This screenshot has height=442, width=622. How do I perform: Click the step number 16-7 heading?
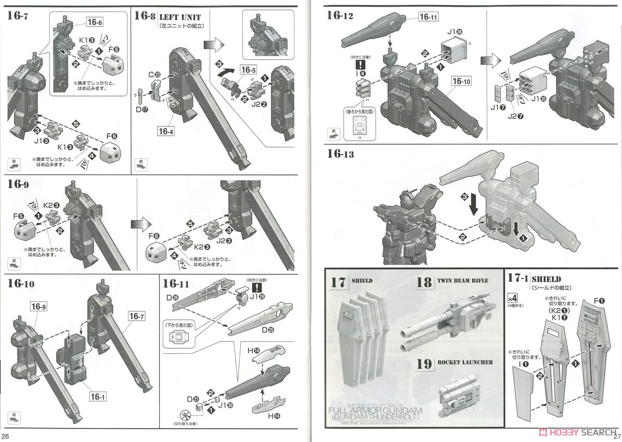18,15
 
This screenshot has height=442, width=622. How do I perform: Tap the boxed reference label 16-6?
95,22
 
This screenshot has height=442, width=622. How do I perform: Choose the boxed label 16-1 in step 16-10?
97,397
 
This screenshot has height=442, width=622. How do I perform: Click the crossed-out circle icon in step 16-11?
185,415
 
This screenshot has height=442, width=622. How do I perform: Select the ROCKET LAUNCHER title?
463,362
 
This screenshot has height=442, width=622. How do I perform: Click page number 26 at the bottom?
7,436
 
